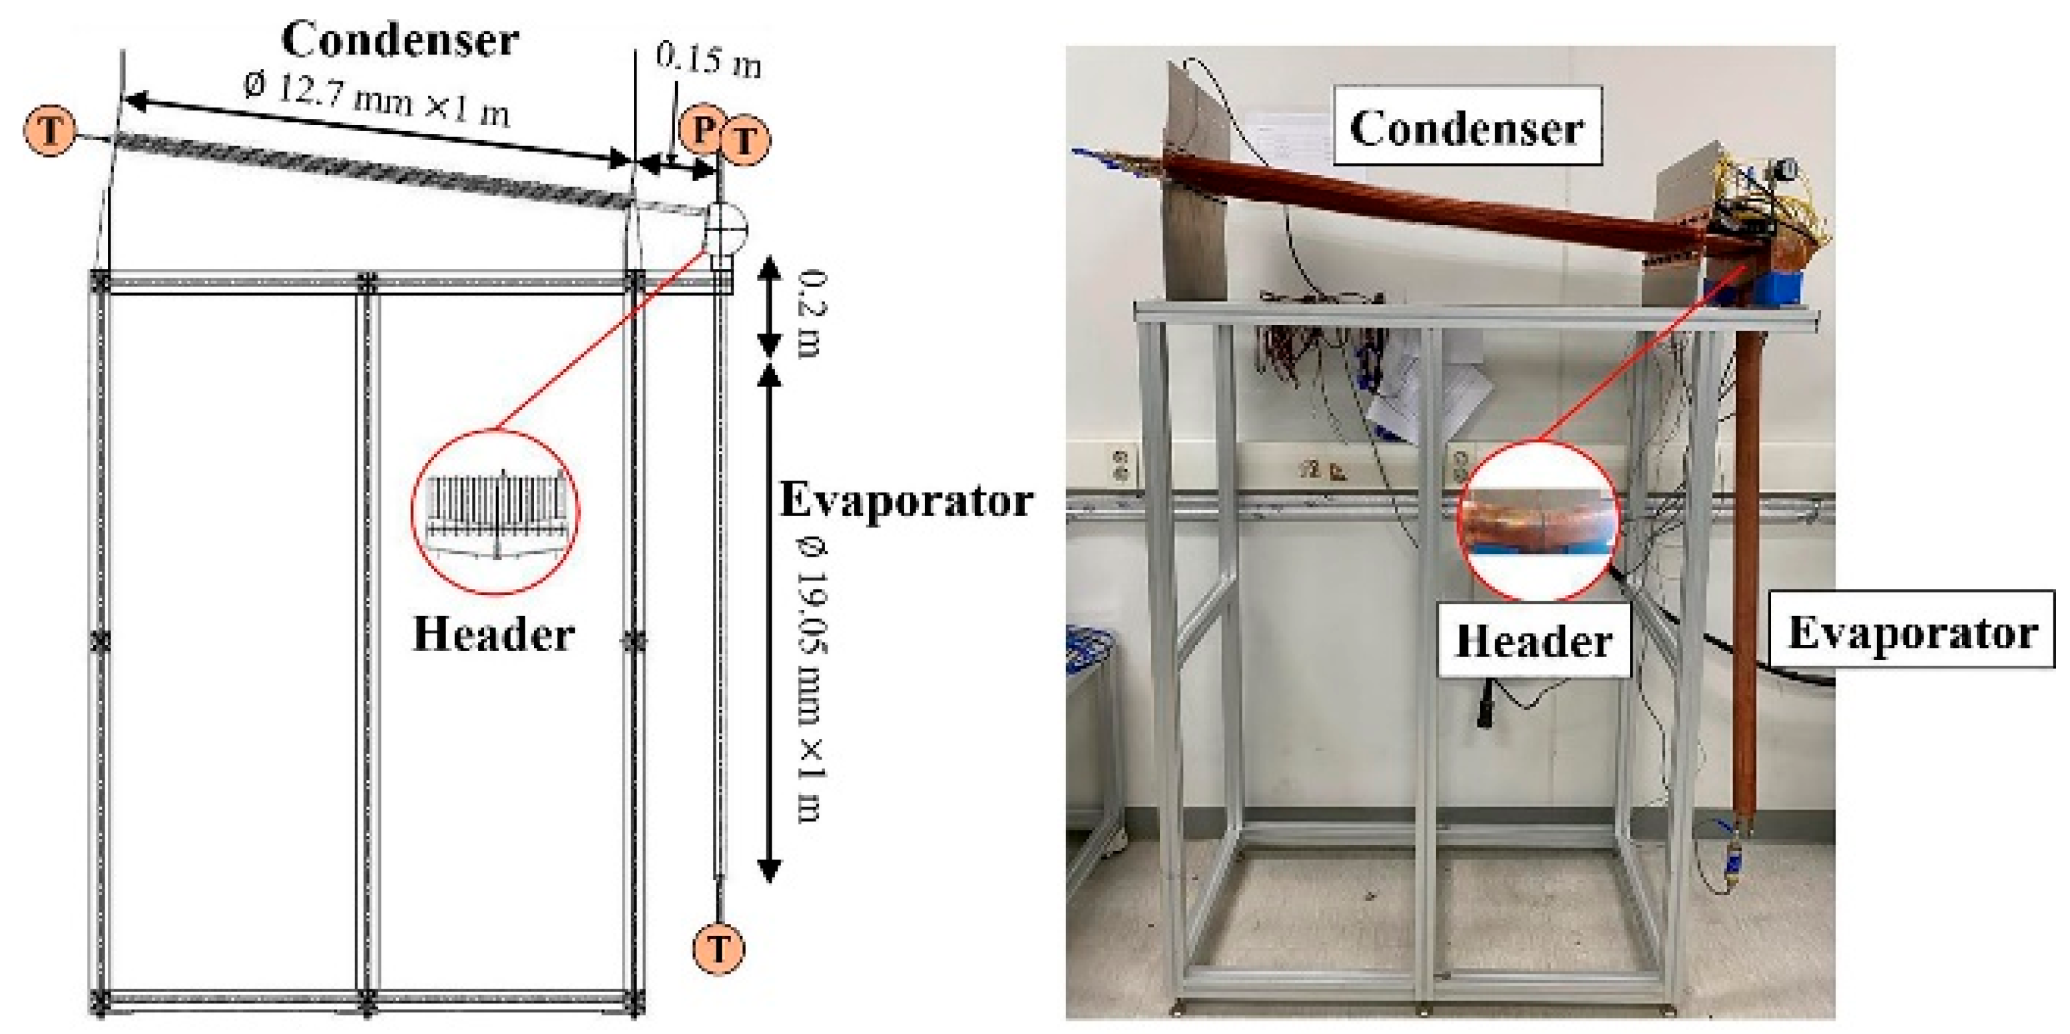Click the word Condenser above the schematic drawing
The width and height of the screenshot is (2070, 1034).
click(399, 40)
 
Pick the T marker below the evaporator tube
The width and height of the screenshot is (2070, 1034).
click(718, 949)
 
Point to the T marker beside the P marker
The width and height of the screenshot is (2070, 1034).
click(745, 141)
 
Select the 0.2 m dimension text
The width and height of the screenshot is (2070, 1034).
click(812, 314)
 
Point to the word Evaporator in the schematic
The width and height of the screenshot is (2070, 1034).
click(906, 500)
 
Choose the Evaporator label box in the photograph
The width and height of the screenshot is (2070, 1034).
click(1912, 631)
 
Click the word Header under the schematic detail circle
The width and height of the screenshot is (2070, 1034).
click(493, 634)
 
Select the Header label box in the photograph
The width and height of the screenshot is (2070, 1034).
click(1533, 641)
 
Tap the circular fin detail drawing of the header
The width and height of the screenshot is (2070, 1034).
click(495, 512)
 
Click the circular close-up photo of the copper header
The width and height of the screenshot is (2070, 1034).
click(1535, 521)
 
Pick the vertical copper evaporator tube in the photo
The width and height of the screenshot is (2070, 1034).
click(1745, 563)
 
